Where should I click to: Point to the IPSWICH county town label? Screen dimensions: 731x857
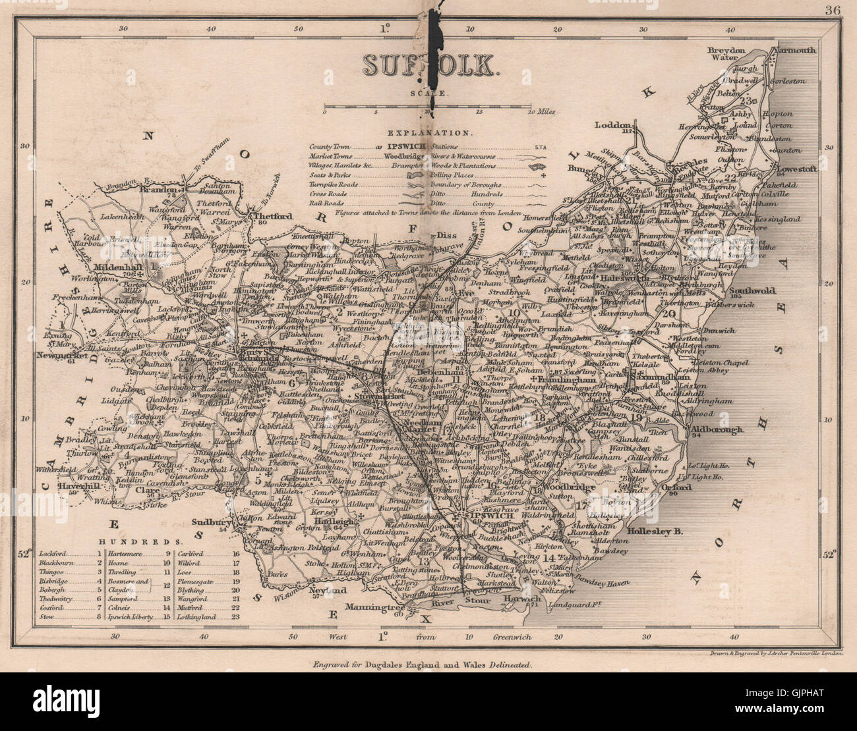coord(486,516)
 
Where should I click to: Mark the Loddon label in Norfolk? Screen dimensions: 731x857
coord(614,124)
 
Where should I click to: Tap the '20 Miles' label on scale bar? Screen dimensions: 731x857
coord(540,111)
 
